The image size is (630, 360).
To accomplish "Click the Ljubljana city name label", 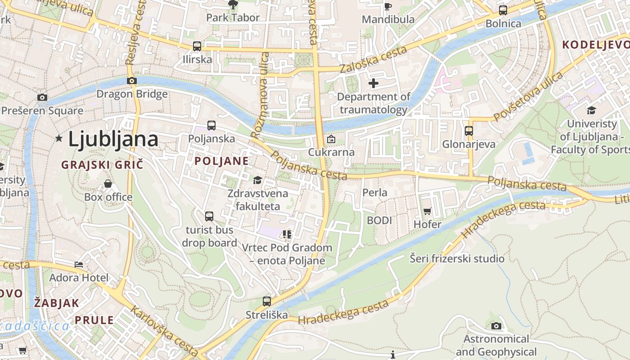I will click(x=113, y=139).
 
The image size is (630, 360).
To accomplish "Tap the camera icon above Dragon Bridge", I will click(x=131, y=81).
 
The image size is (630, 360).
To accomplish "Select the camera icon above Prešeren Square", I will click(x=42, y=97).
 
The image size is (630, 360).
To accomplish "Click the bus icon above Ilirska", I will click(x=197, y=46).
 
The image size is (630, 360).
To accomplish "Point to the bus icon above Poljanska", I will click(x=211, y=126).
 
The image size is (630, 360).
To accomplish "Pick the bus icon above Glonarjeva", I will click(x=468, y=131).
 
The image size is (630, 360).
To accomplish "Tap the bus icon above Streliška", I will click(x=266, y=301).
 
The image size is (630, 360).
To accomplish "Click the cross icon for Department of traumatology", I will click(x=373, y=83).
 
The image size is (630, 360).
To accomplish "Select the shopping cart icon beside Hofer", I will click(x=427, y=211).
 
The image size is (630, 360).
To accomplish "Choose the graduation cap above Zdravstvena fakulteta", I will click(x=257, y=180).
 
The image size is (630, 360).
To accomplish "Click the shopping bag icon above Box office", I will click(x=108, y=184).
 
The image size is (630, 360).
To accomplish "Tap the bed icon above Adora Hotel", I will click(x=79, y=264).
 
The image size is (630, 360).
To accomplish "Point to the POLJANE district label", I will click(x=221, y=161).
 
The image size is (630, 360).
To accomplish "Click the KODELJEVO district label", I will click(x=596, y=45).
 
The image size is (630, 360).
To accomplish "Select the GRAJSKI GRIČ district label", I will click(x=102, y=165).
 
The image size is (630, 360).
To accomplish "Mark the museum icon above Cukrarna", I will click(x=331, y=139).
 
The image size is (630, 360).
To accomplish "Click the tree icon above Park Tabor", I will click(x=233, y=5).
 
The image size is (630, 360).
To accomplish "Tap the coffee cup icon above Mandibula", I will click(x=387, y=6).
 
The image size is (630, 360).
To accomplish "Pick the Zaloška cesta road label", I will click(x=373, y=59).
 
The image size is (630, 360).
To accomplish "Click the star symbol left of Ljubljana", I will click(x=58, y=139).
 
